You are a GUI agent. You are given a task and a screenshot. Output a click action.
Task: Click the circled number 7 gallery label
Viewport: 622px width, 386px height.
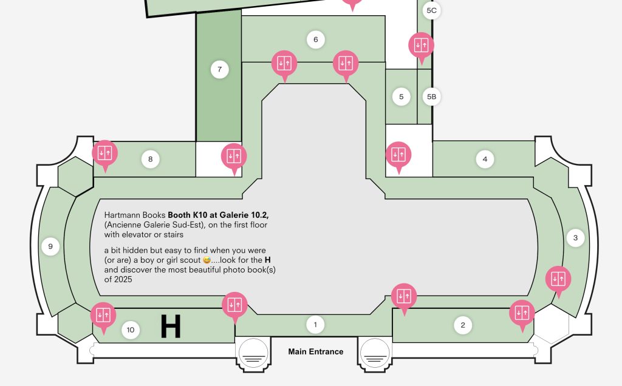click(220, 69)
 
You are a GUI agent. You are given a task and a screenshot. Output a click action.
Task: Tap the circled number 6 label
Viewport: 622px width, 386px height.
click(316, 39)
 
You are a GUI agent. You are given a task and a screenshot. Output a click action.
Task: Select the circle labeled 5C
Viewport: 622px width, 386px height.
click(432, 10)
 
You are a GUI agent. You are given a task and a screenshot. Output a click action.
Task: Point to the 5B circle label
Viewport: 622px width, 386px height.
click(432, 96)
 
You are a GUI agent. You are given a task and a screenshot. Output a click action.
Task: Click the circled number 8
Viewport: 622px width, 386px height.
click(151, 159)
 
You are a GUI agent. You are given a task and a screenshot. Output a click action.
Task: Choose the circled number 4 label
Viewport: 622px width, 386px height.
click(485, 159)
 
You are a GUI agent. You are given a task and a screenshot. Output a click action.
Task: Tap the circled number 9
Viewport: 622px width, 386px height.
click(50, 246)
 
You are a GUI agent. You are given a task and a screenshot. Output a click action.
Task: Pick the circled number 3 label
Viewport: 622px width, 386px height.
click(576, 238)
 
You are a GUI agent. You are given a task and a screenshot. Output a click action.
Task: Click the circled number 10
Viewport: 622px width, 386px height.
click(131, 330)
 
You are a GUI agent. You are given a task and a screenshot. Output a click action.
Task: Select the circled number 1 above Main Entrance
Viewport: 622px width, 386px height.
click(315, 325)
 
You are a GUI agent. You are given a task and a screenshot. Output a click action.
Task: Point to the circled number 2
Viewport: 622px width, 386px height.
click(462, 325)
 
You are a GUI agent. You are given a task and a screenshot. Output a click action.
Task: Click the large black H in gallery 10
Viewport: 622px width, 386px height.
click(171, 327)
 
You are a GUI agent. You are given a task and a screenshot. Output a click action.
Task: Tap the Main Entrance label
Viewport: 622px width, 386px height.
click(316, 351)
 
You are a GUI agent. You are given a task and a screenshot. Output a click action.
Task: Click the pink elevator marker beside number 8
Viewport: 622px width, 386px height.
click(104, 153)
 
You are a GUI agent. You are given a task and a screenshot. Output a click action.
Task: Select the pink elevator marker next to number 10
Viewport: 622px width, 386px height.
click(103, 316)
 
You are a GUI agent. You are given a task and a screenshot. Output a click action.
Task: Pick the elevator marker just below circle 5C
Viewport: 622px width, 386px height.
click(422, 45)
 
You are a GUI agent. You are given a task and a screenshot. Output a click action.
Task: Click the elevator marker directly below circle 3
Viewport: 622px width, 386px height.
click(558, 279)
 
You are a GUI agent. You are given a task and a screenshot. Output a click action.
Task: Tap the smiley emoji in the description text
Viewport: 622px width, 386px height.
click(207, 260)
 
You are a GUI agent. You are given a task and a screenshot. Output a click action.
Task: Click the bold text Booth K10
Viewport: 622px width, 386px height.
click(188, 215)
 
